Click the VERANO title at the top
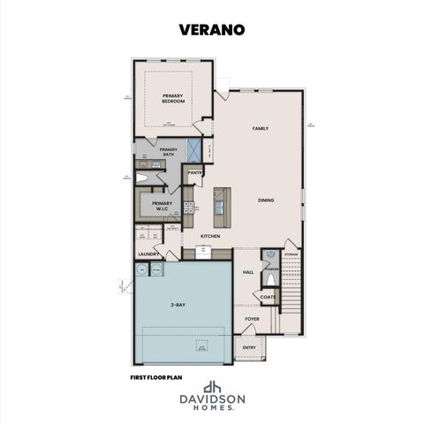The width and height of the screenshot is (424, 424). point(212,30)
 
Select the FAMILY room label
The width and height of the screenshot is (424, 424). point(260,128)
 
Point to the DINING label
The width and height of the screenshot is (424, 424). point(266,200)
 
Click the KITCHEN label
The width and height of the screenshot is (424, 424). point(209,236)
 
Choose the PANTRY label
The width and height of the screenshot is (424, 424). point(195,172)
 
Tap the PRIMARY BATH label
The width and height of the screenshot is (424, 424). point(168,152)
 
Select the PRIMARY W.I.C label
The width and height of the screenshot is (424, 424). point(161,205)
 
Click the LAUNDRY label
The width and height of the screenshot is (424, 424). point(147,254)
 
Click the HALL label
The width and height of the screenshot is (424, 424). point(248,272)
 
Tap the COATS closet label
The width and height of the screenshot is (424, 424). point(268,297)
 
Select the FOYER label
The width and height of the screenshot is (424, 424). point(252,319)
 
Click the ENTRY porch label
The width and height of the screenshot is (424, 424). point(249,348)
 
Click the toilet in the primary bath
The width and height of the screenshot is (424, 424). point(141,178)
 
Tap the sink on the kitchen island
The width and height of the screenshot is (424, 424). point(219,206)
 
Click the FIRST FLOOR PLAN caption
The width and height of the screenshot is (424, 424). point(155,375)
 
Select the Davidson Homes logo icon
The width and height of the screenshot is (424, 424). point(212,387)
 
